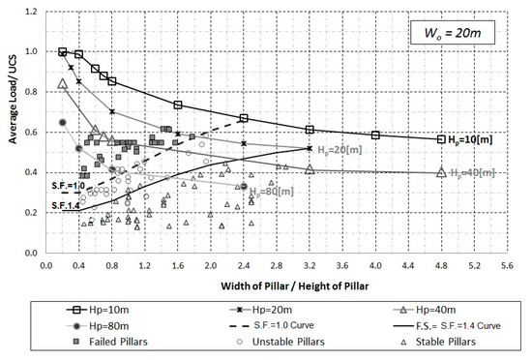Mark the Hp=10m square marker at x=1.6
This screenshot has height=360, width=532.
[x=178, y=105]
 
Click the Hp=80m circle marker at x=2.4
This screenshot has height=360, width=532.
[x=244, y=186]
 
